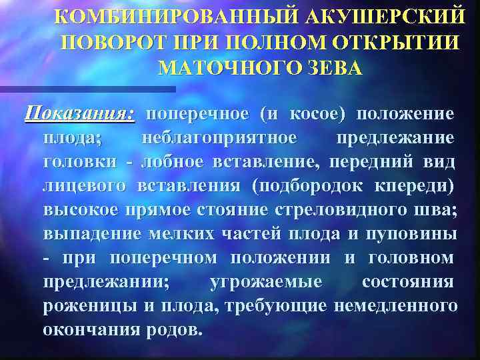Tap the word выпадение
point(87,234)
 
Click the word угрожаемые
point(265,282)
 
